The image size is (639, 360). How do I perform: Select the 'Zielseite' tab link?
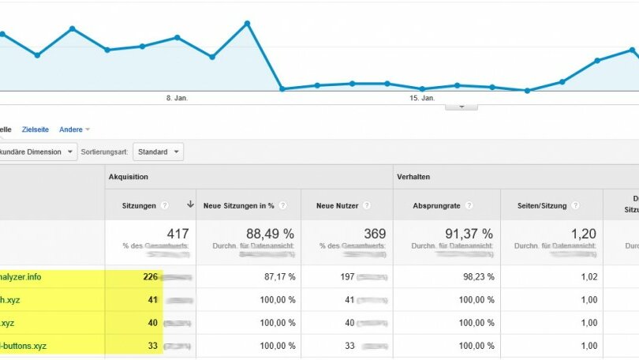tap(35, 129)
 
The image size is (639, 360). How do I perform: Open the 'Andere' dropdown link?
tap(74, 129)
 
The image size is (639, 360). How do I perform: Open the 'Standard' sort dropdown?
tap(157, 151)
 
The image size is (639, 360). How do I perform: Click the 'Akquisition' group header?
tap(128, 177)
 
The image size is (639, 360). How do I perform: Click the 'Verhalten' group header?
tap(413, 177)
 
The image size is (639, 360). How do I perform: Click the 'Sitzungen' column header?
tap(139, 205)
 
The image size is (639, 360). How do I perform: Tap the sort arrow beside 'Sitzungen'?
tap(190, 204)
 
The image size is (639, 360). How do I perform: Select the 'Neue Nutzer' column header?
tap(336, 205)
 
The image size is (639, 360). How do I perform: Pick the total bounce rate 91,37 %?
tap(467, 234)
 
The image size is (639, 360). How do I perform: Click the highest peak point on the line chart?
tap(247, 23)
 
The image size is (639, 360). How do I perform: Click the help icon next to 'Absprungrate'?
tap(469, 205)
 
